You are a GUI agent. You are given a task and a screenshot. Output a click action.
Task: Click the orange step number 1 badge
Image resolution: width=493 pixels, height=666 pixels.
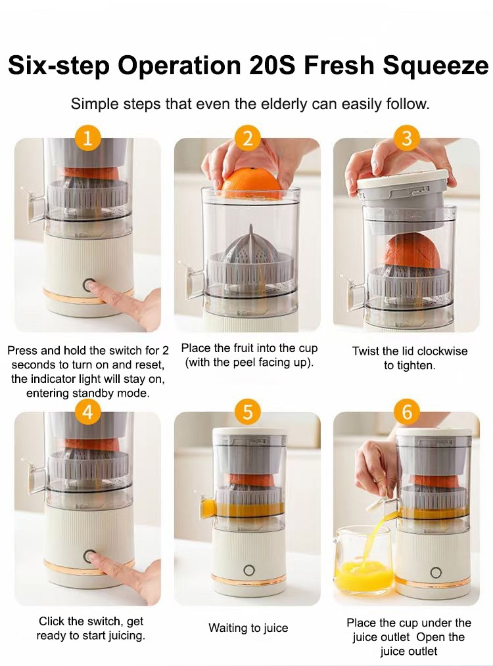tap(88, 139)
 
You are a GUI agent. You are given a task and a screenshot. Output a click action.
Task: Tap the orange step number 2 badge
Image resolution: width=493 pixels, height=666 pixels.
tap(247, 139)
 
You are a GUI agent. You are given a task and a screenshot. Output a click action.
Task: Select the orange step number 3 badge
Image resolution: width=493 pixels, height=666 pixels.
tap(407, 139)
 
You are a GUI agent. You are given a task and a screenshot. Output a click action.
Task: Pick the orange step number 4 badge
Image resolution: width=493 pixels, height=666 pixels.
tap(88, 412)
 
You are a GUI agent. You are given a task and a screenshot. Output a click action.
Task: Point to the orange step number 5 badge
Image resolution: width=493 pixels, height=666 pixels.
tap(247, 412)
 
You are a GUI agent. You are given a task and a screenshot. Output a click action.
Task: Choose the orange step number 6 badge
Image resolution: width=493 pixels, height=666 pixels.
tap(407, 412)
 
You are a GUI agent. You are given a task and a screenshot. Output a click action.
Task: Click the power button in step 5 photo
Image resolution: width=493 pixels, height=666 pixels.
tap(248, 569)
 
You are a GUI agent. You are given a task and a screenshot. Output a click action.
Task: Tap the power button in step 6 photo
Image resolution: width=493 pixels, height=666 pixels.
tap(436, 572)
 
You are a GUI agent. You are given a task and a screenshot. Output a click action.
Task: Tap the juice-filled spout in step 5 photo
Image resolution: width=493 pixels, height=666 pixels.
tap(208, 508)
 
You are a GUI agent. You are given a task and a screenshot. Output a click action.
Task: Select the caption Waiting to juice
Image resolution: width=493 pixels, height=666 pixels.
tap(248, 628)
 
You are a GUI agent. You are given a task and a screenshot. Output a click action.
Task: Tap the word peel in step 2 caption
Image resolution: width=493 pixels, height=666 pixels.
tap(243, 363)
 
